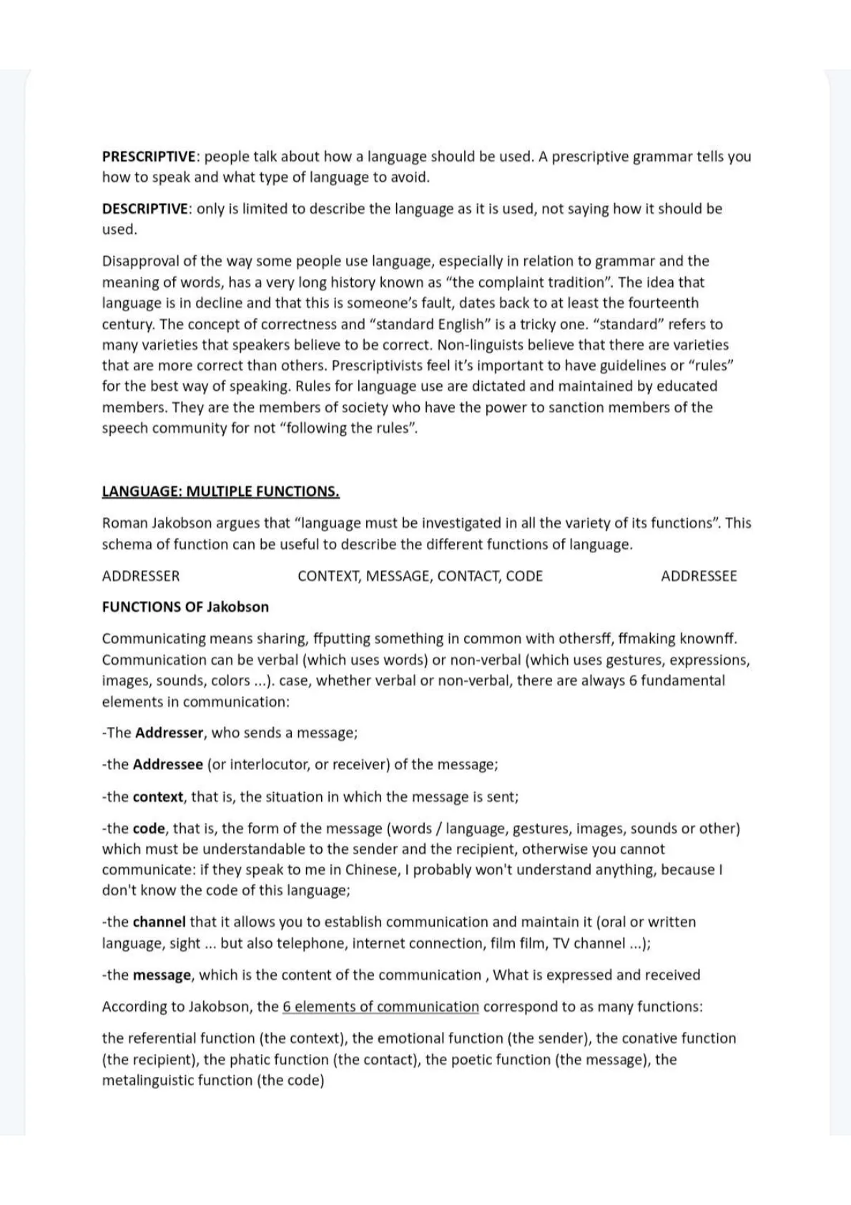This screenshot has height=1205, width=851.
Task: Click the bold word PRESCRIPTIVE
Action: (x=149, y=157)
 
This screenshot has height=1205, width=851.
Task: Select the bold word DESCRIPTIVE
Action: (x=145, y=209)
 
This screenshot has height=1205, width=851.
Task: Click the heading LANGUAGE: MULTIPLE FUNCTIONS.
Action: (x=220, y=492)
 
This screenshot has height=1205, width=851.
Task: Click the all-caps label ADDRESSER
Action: (x=141, y=576)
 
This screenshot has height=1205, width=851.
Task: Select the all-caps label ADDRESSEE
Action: (x=699, y=576)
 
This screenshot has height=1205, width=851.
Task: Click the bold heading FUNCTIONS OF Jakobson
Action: (x=185, y=607)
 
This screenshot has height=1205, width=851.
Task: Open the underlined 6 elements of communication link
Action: (x=380, y=1007)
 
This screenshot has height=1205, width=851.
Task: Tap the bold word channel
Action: (x=159, y=922)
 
